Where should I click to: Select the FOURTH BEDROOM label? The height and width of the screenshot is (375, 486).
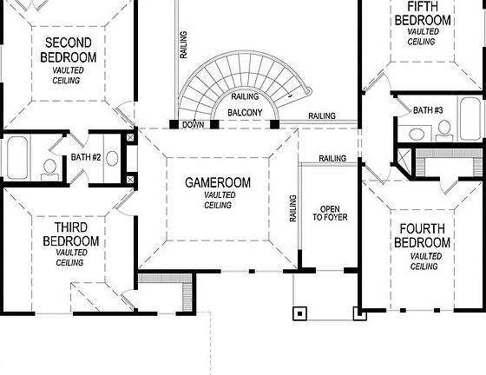point(423,236)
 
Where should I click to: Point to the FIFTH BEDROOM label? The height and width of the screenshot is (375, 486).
point(422,15)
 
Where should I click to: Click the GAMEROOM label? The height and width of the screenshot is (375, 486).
point(218,183)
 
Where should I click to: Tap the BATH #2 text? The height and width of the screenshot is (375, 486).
point(87,157)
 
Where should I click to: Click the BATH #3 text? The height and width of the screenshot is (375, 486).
point(428,110)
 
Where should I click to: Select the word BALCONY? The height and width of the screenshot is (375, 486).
point(246,114)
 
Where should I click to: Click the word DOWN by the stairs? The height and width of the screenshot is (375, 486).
point(193,125)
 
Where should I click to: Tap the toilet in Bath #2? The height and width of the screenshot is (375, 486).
point(49,166)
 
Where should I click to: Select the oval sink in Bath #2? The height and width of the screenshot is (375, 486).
point(112,159)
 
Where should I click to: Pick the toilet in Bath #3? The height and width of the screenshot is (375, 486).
point(444,130)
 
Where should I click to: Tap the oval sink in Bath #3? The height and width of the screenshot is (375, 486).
point(417,134)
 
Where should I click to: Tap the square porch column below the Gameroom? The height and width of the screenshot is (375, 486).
point(300,313)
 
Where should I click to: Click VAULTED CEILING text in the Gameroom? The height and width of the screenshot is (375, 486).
point(218,201)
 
